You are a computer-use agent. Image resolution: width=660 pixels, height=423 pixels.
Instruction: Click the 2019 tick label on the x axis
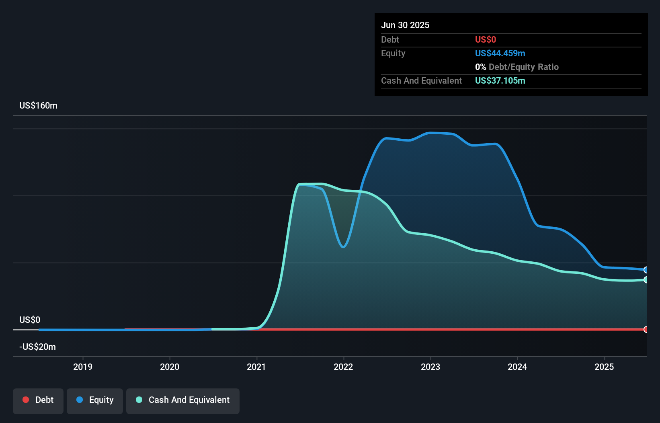point(83,367)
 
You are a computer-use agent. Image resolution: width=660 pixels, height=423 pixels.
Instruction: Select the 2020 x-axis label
point(170,367)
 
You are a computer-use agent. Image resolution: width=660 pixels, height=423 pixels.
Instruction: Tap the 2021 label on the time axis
point(256,367)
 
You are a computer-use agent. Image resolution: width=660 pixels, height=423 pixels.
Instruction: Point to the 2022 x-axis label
point(343,367)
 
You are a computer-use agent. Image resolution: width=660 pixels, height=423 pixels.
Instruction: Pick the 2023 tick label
point(430,367)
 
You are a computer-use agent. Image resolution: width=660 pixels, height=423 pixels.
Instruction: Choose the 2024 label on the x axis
point(517,367)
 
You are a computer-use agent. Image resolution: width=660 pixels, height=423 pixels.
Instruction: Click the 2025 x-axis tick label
point(604,367)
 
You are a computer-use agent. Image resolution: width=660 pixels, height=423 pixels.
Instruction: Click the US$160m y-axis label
point(39,106)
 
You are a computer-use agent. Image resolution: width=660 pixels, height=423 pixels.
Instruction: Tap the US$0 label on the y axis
point(30,320)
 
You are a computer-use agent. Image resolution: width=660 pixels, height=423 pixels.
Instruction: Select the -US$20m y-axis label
point(38,347)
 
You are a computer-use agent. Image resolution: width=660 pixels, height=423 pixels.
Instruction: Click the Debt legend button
point(38,400)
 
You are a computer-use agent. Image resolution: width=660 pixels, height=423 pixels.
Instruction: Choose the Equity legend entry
point(95,400)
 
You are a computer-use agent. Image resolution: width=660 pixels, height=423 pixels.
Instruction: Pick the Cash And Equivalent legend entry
point(183,400)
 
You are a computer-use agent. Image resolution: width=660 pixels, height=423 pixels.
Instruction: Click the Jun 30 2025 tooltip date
point(405,25)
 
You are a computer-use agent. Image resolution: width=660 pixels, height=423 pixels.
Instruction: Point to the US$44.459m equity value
point(500,53)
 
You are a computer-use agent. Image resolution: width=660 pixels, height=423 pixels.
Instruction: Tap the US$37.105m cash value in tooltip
point(500,81)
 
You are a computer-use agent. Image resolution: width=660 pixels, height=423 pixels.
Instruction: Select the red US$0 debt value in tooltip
point(486,40)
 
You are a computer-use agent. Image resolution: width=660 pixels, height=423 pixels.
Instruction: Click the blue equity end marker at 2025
point(646,270)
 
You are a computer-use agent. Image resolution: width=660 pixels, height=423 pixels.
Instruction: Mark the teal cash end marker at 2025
point(646,280)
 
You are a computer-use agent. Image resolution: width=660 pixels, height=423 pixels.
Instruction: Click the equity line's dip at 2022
point(343,246)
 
